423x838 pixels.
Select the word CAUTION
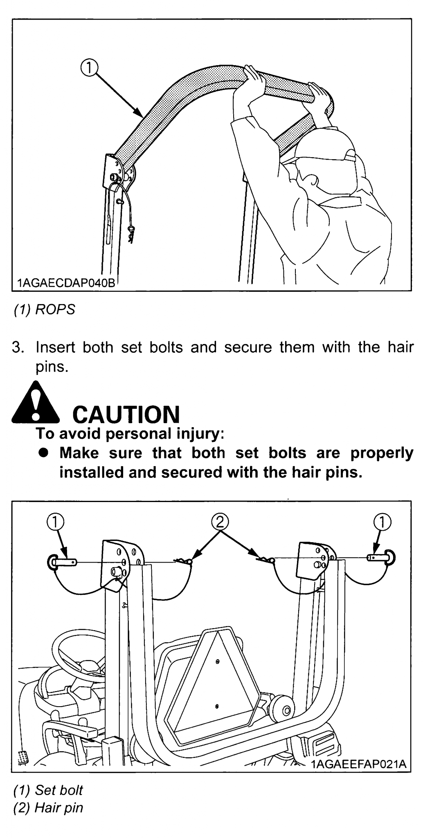pyautogui.click(x=126, y=414)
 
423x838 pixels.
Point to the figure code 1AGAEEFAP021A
pyautogui.click(x=358, y=764)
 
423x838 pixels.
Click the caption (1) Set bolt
pyautogui.click(x=48, y=790)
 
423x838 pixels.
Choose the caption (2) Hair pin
pyautogui.click(x=48, y=808)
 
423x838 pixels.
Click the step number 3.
pyautogui.click(x=18, y=347)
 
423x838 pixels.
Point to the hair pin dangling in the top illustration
pyautogui.click(x=131, y=235)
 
